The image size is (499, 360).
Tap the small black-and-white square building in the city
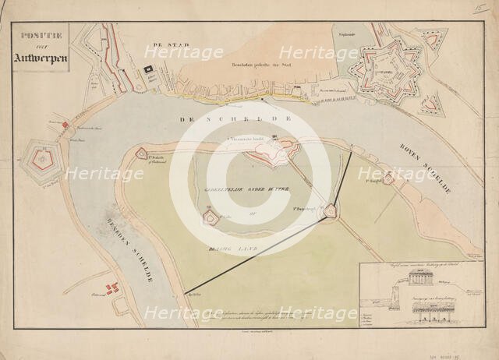click(x=147, y=71)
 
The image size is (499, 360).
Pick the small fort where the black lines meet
click(x=331, y=210)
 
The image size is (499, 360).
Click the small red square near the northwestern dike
click(x=65, y=125)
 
